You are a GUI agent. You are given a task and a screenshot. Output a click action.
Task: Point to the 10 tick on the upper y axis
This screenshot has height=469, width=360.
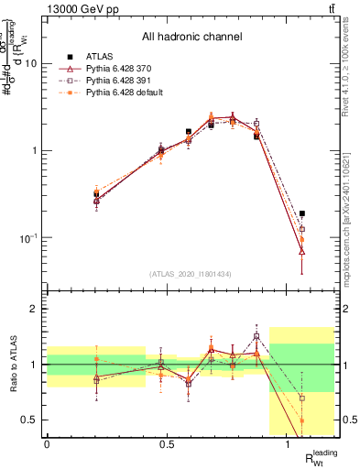(35, 64)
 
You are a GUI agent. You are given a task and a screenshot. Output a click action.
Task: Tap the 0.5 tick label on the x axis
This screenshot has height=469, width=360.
(167, 444)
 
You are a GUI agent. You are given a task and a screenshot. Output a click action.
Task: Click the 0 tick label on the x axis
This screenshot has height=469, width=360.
(47, 444)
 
